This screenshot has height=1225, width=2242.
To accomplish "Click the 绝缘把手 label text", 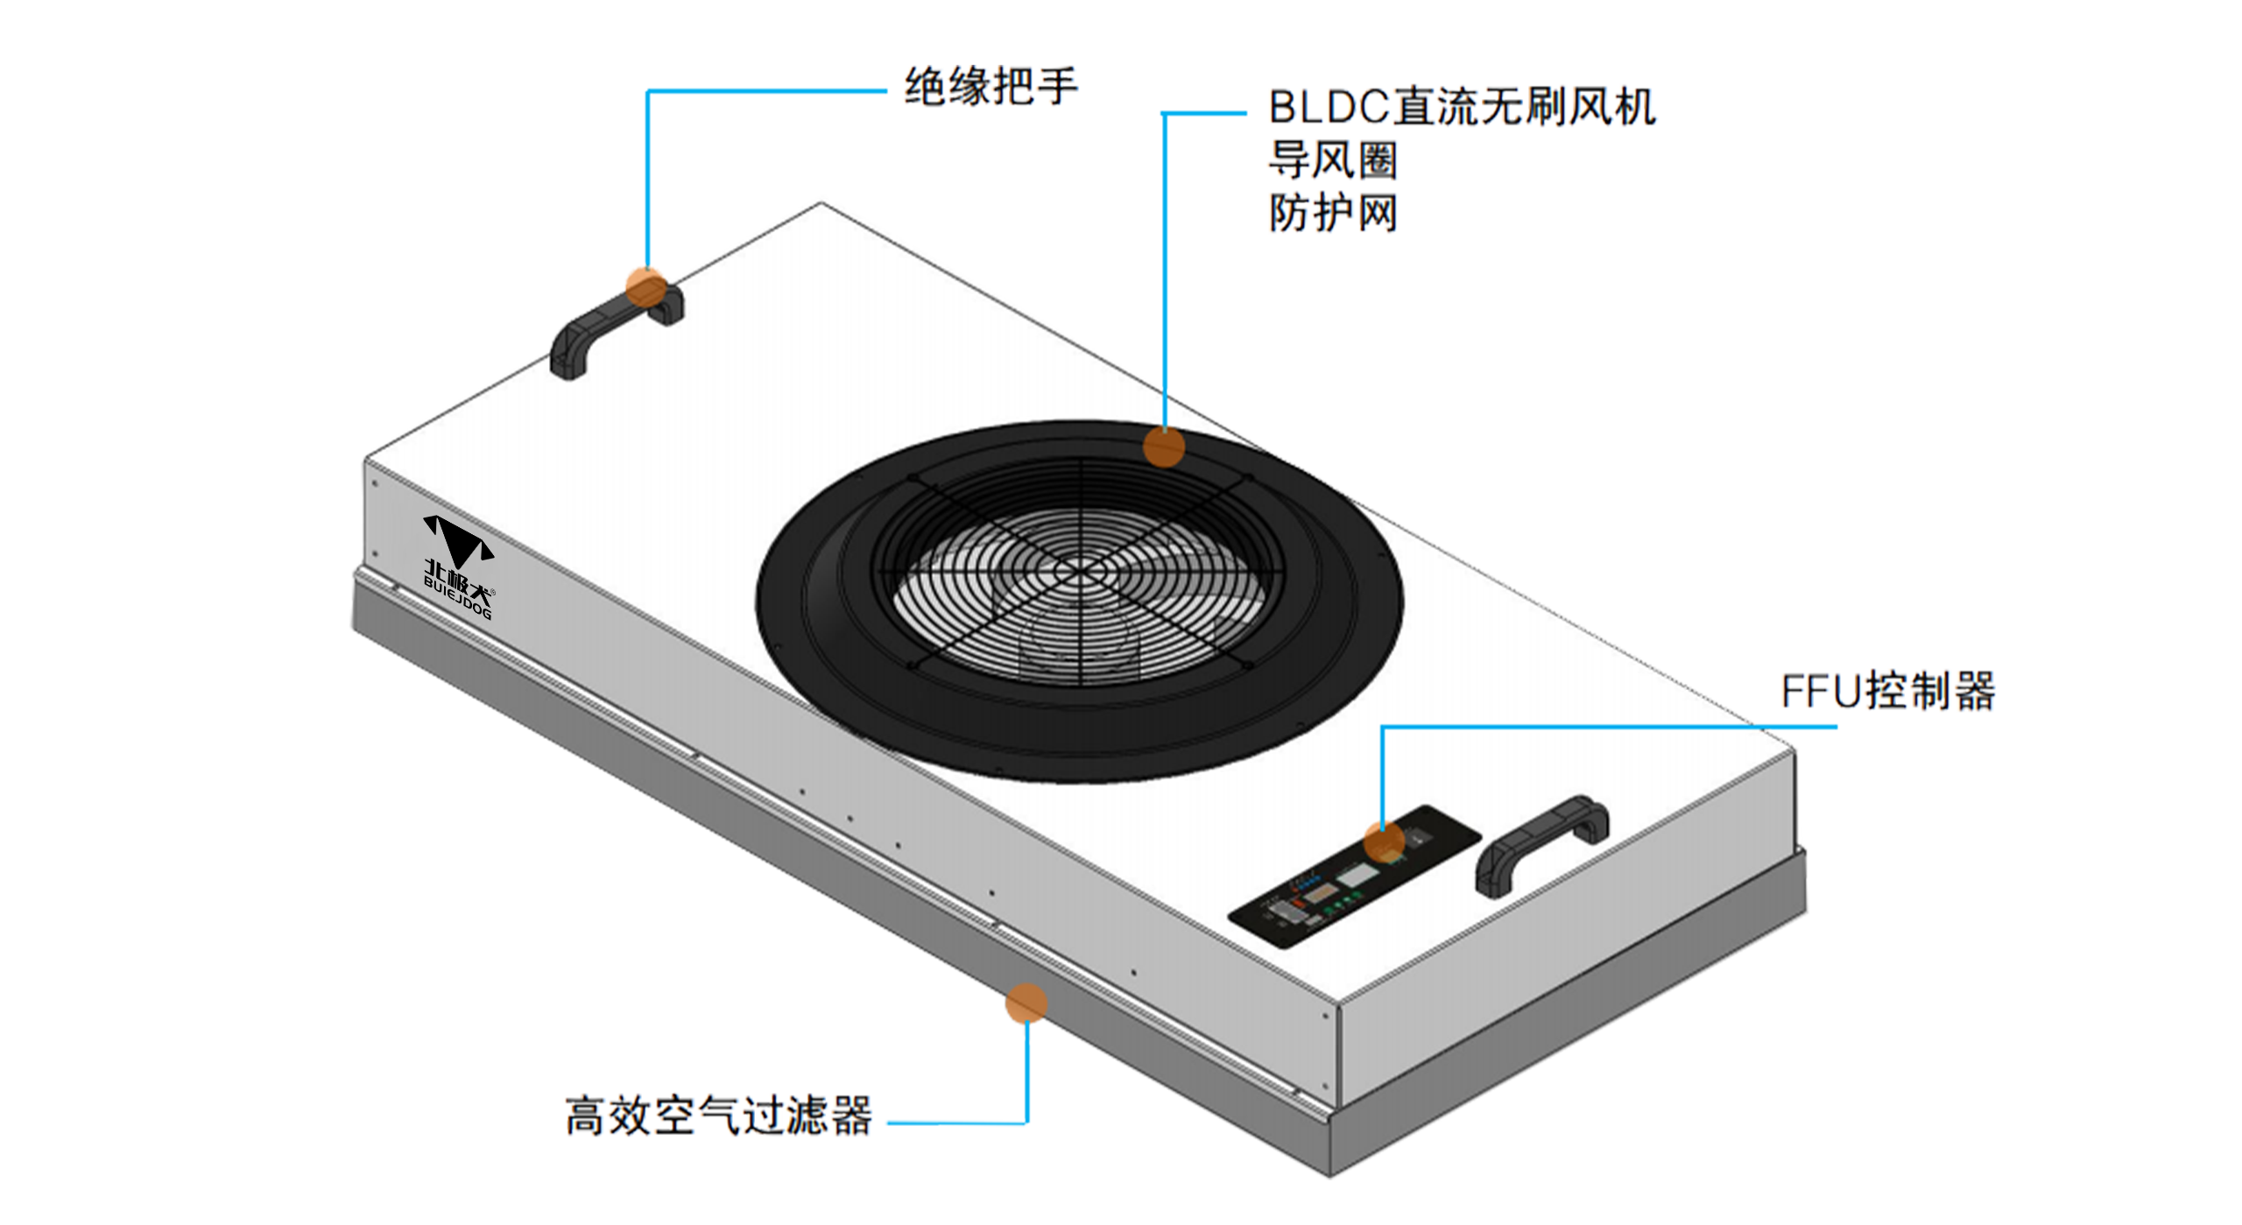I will (990, 86).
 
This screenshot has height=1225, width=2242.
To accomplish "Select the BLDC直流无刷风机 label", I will (1461, 109).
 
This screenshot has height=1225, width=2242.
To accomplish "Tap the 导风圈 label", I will (1331, 161).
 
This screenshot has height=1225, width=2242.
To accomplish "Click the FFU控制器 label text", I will (1888, 693).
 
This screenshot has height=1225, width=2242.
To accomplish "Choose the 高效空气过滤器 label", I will (718, 1117).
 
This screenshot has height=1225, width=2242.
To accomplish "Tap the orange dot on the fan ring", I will (1164, 447).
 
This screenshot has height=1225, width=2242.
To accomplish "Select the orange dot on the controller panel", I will (1384, 842).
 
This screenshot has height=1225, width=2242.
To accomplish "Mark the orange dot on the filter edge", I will (1026, 1003).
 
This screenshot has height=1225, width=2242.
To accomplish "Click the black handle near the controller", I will (1541, 845).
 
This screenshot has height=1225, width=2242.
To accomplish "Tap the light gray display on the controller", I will (1356, 877).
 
